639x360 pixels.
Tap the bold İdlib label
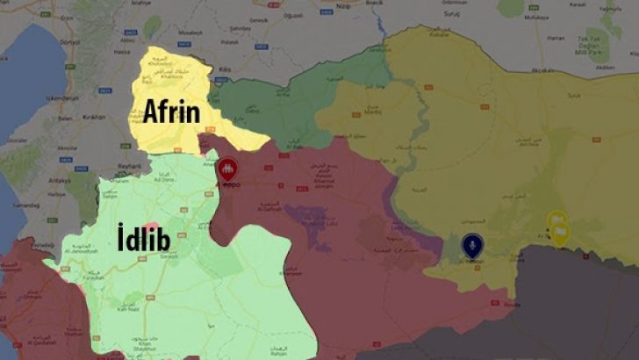coord(145,235)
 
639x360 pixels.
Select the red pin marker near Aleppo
coord(227,169)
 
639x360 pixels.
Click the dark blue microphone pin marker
coord(472,244)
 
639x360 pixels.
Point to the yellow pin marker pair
coord(557,227)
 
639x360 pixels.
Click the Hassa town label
coord(85,77)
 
